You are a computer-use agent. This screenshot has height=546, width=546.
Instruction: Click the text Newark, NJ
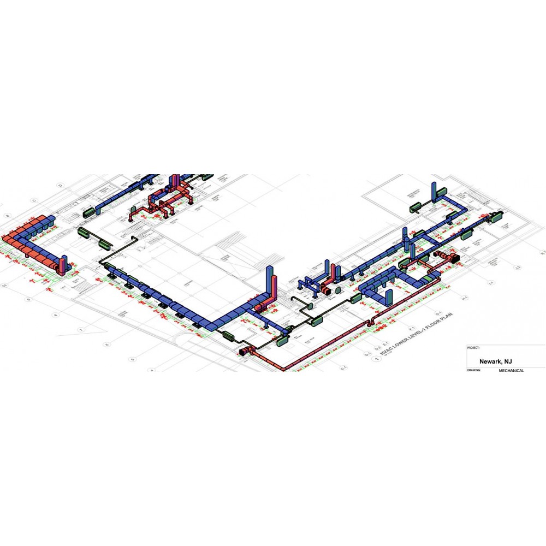(495, 361)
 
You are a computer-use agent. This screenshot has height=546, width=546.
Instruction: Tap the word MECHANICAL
(511, 370)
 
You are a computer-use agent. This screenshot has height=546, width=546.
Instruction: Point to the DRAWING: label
(473, 370)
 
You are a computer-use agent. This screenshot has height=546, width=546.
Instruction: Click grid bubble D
(61, 186)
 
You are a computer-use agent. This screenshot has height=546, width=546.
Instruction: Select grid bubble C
(34, 200)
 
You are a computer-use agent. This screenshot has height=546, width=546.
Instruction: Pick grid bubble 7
(80, 330)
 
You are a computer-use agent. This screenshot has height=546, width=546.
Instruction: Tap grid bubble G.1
(437, 313)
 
